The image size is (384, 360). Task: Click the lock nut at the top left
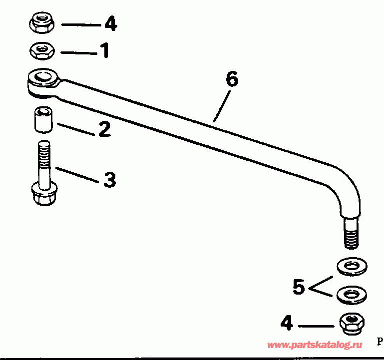pyautogui.click(x=42, y=22)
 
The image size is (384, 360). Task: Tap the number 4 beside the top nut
pyautogui.click(x=111, y=23)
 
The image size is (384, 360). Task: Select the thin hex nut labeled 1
pyautogui.click(x=42, y=51)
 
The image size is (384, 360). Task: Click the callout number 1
pyautogui.click(x=105, y=50)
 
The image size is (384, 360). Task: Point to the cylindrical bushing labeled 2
pyautogui.click(x=43, y=120)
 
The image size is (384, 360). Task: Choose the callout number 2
pyautogui.click(x=104, y=129)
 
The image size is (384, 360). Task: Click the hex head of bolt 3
pyautogui.click(x=44, y=194)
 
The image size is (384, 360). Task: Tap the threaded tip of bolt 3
pyautogui.click(x=44, y=153)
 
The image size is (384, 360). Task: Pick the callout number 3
pyautogui.click(x=109, y=180)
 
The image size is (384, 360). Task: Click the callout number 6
pyautogui.click(x=232, y=79)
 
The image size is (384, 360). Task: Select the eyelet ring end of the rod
pyautogui.click(x=43, y=83)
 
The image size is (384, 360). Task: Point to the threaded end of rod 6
pyautogui.click(x=352, y=233)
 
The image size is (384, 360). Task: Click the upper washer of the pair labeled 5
pyautogui.click(x=352, y=267)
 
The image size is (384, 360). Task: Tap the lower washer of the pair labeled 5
pyautogui.click(x=352, y=295)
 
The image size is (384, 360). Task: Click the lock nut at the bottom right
pyautogui.click(x=352, y=323)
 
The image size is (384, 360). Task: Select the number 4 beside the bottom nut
pyautogui.click(x=287, y=323)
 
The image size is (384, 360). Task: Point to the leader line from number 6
pyautogui.click(x=222, y=106)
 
